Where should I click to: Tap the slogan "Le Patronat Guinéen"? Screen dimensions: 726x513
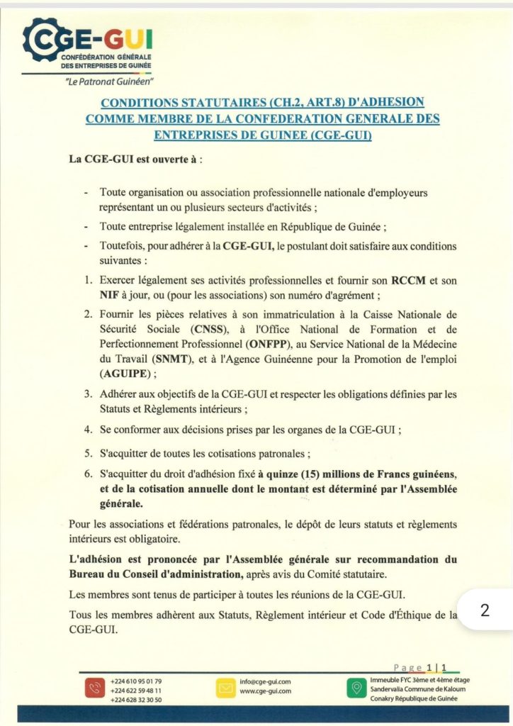(109, 82)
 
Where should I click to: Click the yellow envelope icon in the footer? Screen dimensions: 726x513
(225, 687)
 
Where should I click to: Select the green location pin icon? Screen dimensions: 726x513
(358, 687)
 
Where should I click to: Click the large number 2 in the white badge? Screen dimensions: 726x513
(485, 610)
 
